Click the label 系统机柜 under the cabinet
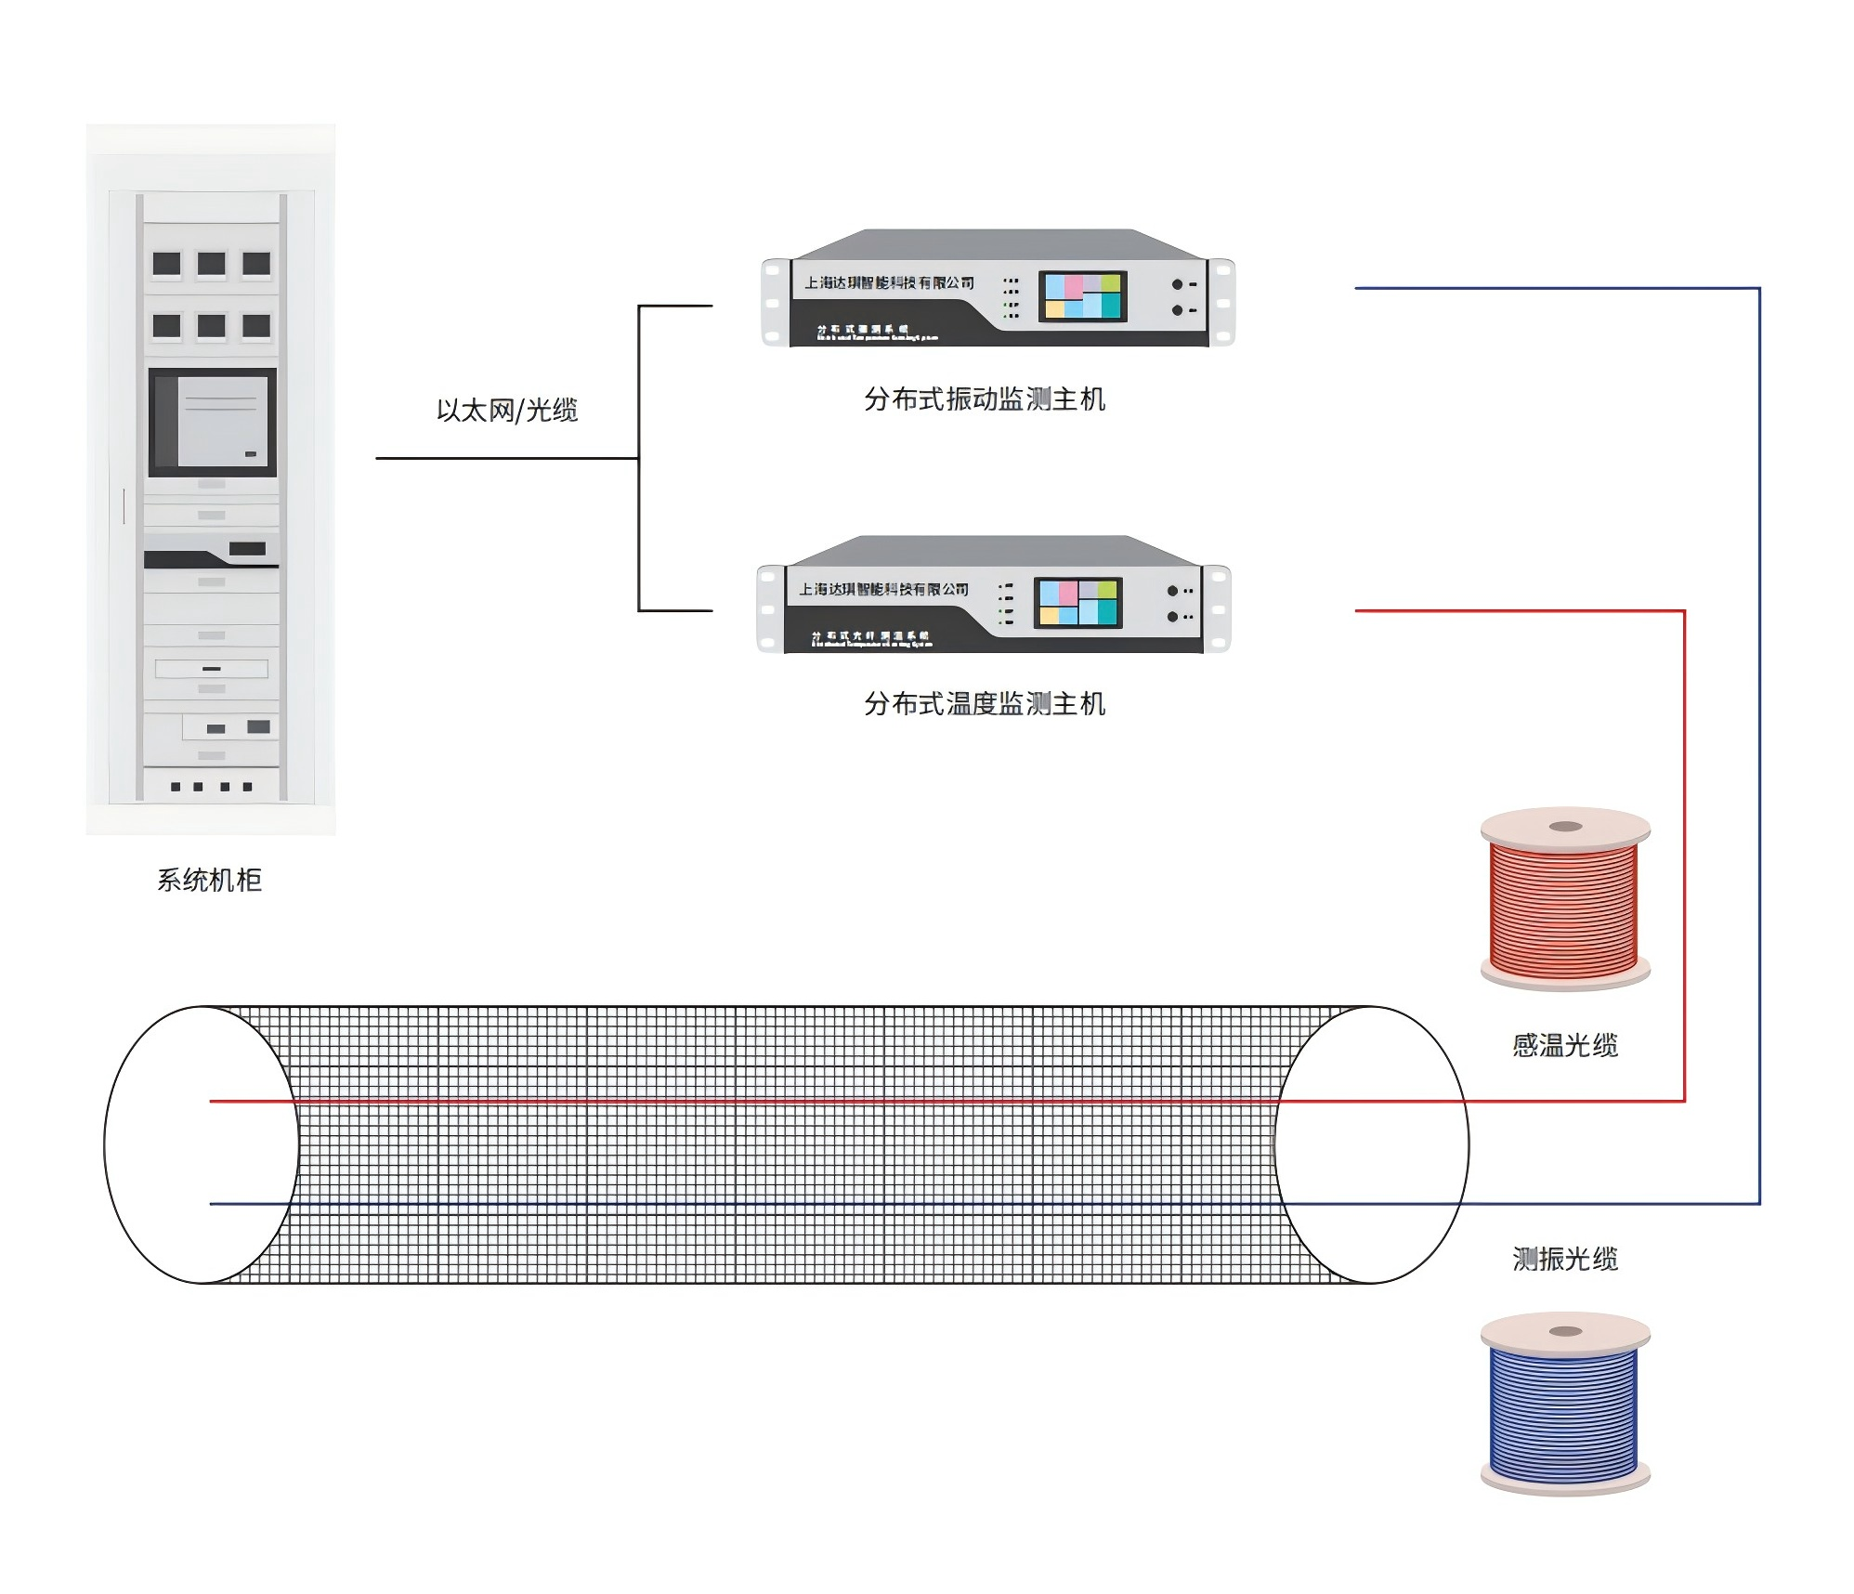coord(209,880)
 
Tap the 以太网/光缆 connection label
coord(507,410)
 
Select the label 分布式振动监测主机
coord(985,399)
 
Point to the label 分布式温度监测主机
coord(985,704)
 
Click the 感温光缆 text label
coord(1565,1046)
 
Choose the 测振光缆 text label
coord(1565,1259)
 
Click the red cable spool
coord(1565,901)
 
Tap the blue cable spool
coord(1565,1406)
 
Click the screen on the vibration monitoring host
coord(1083,296)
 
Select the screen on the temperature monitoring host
coord(1078,603)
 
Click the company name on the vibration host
coord(889,282)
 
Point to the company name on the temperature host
coord(883,589)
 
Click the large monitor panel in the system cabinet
coord(213,423)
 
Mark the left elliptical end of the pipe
coord(201,1144)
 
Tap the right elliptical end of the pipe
coord(1371,1144)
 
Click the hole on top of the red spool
coord(1566,827)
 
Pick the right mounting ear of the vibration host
coord(1222,302)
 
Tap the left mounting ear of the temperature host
coord(770,608)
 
